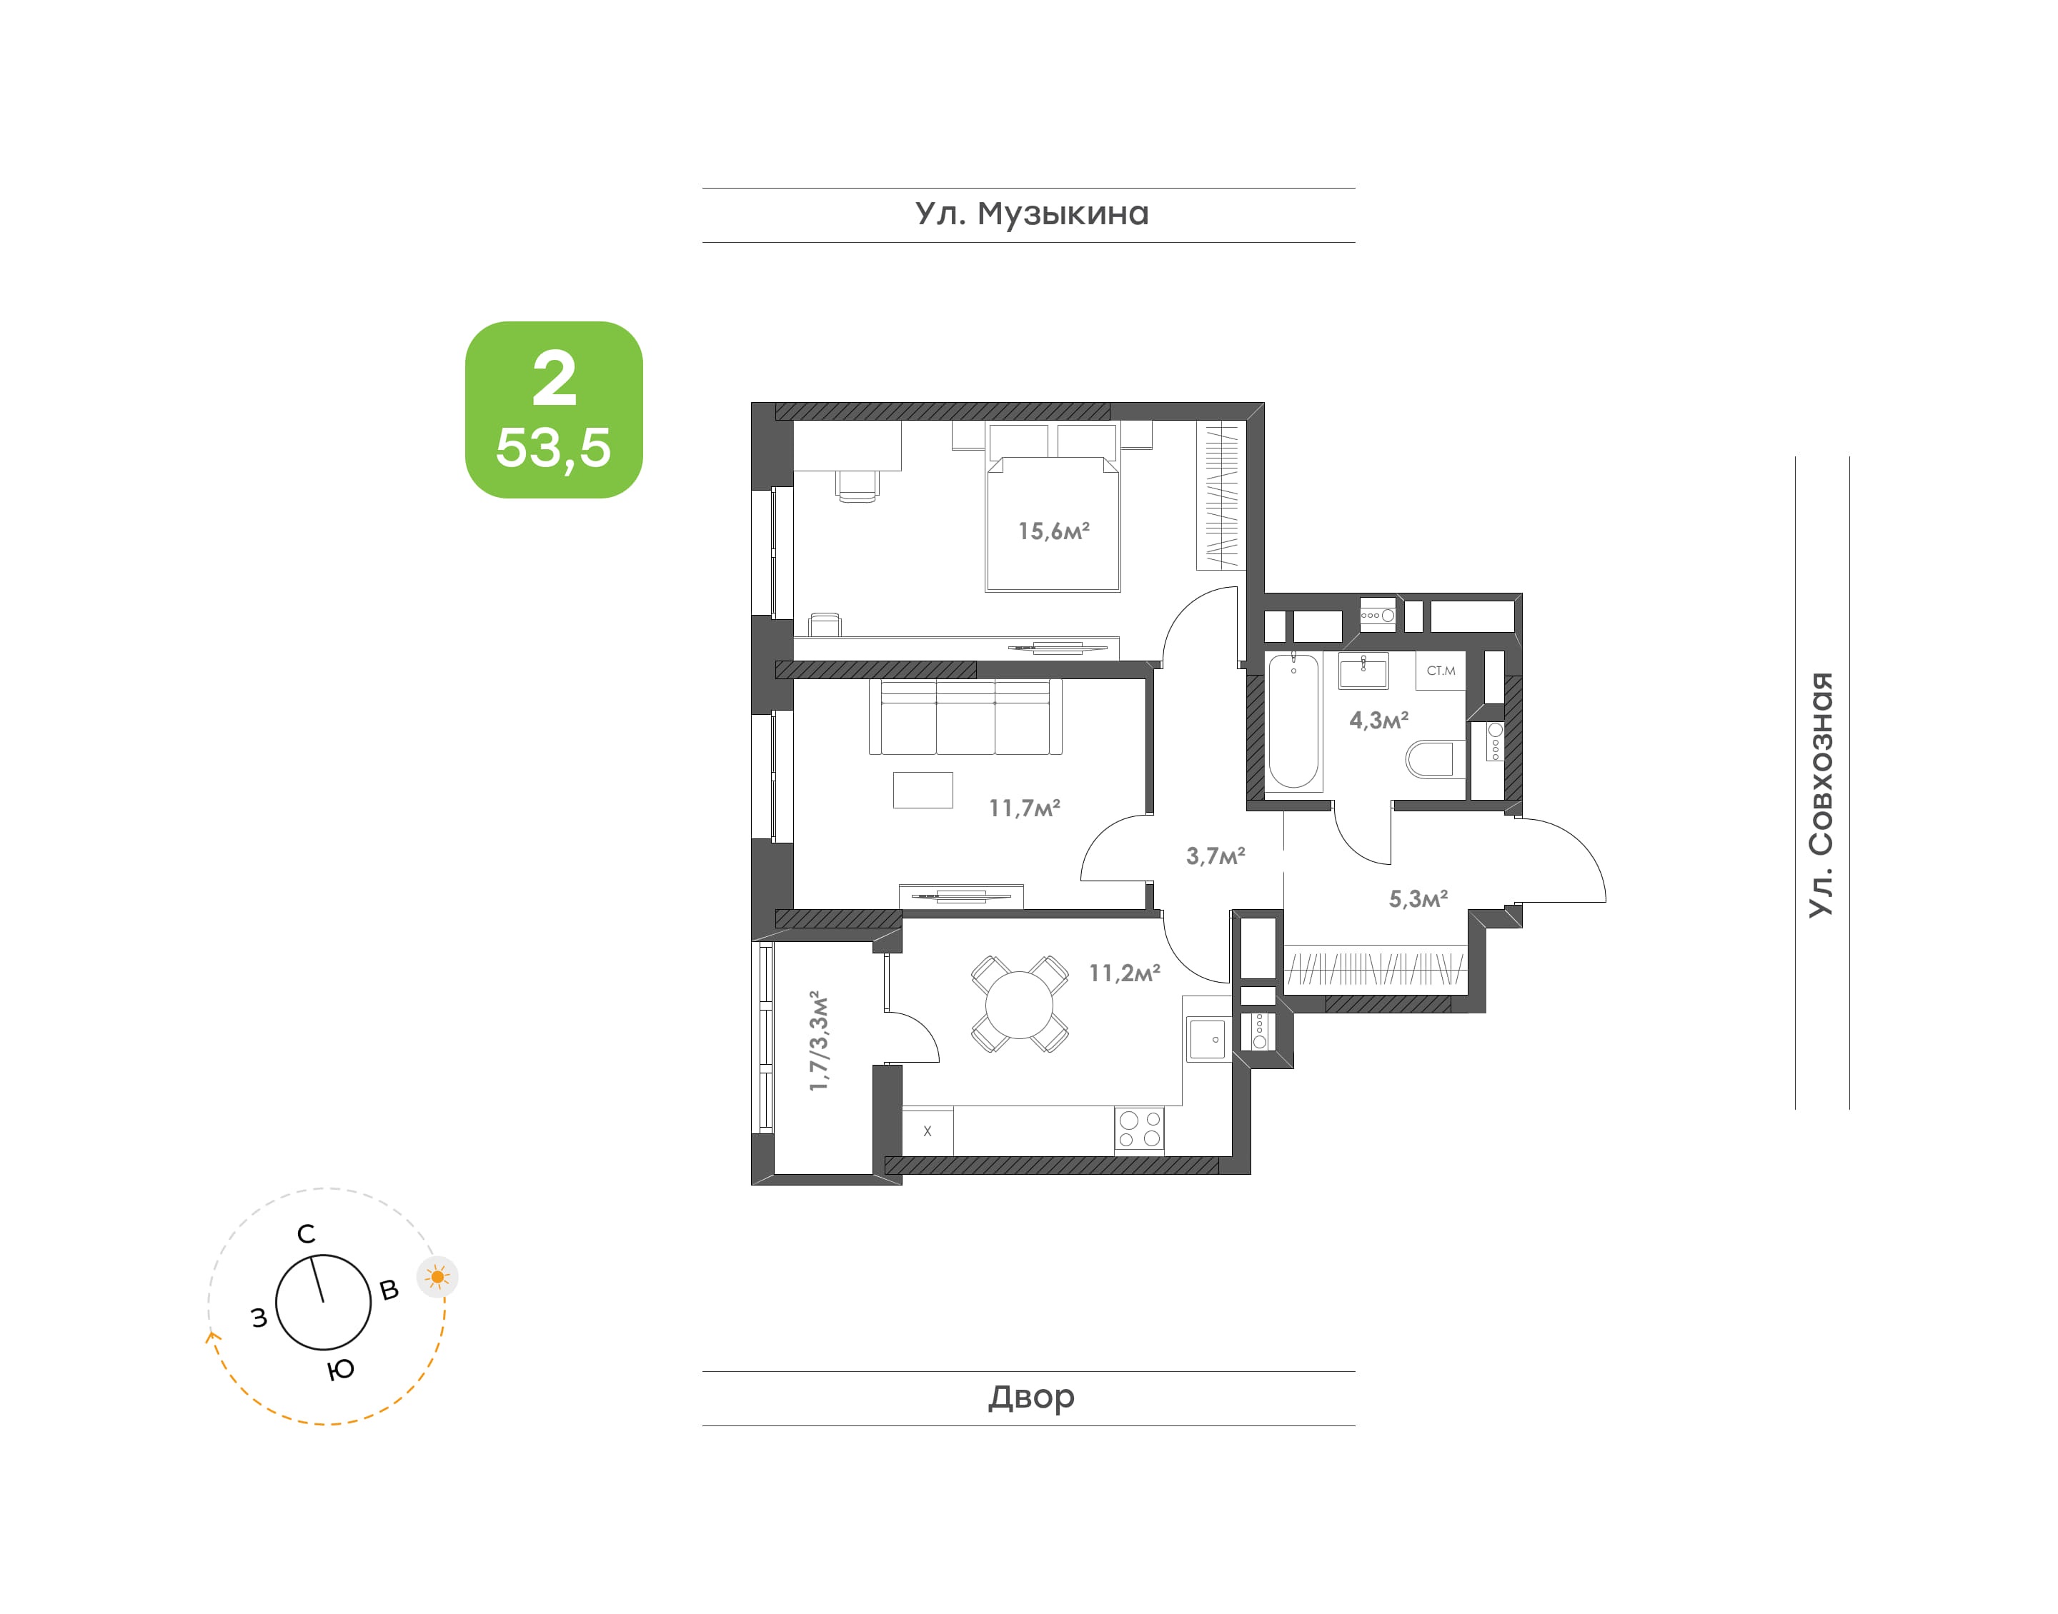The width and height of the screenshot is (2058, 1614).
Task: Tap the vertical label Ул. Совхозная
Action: pyautogui.click(x=1821, y=793)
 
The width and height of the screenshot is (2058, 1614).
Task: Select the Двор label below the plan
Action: pyautogui.click(x=1031, y=1397)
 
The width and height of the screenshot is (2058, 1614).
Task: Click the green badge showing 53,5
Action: pyautogui.click(x=554, y=410)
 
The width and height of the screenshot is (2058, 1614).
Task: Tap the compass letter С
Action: pyautogui.click(x=307, y=1234)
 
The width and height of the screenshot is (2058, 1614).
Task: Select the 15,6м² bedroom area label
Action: pyautogui.click(x=1054, y=531)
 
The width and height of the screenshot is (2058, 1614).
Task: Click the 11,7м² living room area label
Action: pyautogui.click(x=1025, y=808)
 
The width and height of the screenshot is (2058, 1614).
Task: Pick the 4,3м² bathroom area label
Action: pyautogui.click(x=1379, y=720)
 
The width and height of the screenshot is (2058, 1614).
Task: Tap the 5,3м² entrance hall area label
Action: pyautogui.click(x=1418, y=898)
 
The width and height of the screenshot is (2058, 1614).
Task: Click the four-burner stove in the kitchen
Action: pyautogui.click(x=1139, y=1128)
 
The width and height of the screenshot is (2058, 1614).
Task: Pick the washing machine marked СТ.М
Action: pyautogui.click(x=1441, y=670)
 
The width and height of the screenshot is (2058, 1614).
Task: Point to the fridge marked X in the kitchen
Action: pyautogui.click(x=928, y=1131)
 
